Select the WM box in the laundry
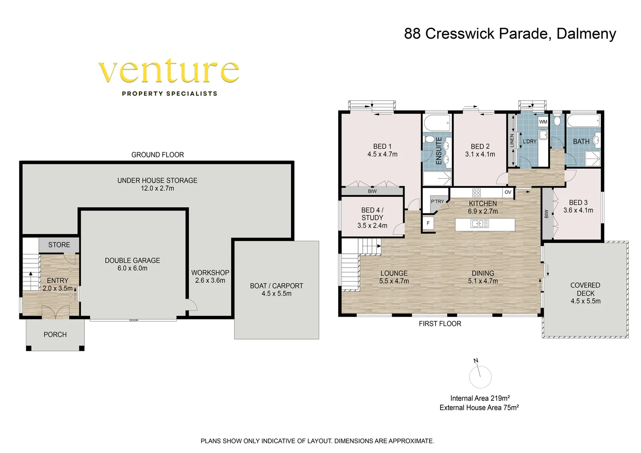543,122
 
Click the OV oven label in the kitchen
508,192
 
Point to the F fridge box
428,223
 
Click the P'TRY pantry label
438,201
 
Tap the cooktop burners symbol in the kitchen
477,193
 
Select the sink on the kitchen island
479,224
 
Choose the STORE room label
59,245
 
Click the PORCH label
55,335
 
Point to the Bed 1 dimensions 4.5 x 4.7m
382,154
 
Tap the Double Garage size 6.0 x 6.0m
132,268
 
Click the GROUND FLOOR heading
157,155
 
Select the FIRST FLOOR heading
440,324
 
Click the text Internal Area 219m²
480,398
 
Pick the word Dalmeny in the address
586,34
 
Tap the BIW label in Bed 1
372,191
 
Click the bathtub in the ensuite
437,122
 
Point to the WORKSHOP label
210,273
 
